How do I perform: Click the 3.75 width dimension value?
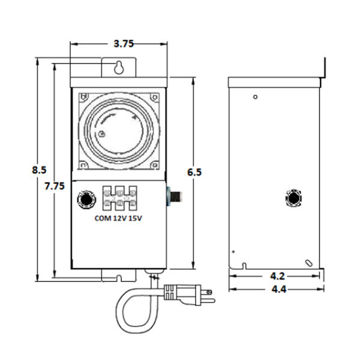(x=119, y=43)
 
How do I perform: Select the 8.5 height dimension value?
(x=39, y=170)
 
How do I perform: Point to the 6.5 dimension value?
(x=194, y=172)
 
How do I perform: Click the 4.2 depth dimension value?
(x=275, y=276)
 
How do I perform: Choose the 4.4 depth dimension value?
(x=275, y=289)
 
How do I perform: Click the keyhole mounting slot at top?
(x=119, y=67)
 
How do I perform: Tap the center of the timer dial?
(x=119, y=130)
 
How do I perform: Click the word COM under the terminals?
(x=103, y=218)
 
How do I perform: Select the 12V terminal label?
(x=121, y=218)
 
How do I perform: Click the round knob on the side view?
(x=294, y=197)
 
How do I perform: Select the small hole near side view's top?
(x=256, y=97)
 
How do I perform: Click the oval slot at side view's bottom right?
(x=308, y=262)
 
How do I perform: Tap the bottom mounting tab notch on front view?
(x=119, y=278)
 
